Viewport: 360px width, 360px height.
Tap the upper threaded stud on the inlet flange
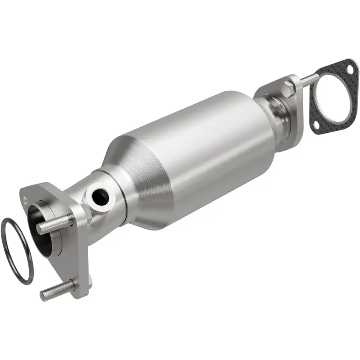54,224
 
